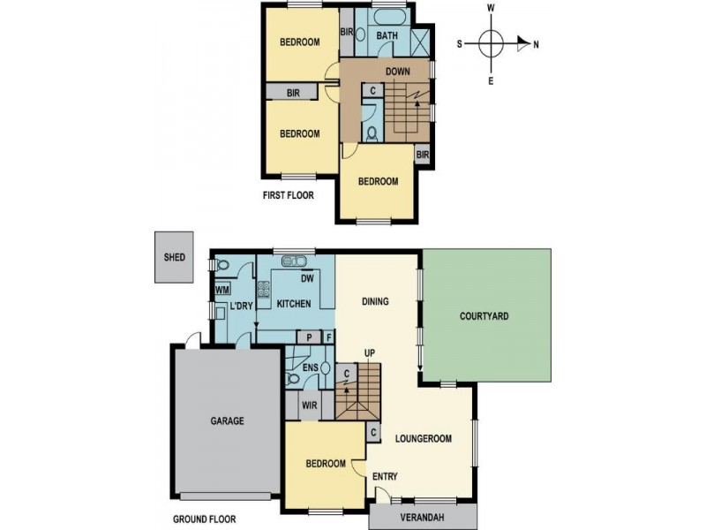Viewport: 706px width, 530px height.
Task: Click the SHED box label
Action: [175, 258]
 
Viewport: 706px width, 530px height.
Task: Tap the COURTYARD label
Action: [484, 315]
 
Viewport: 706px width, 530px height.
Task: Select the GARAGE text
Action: [227, 421]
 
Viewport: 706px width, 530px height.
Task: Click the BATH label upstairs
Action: [387, 36]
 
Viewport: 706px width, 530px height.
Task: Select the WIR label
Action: [310, 406]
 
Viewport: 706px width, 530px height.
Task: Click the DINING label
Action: [376, 302]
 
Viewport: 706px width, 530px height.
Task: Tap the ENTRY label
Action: [385, 477]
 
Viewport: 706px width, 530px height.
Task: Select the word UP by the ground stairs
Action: [370, 353]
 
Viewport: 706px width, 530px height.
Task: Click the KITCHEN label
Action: [294, 304]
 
